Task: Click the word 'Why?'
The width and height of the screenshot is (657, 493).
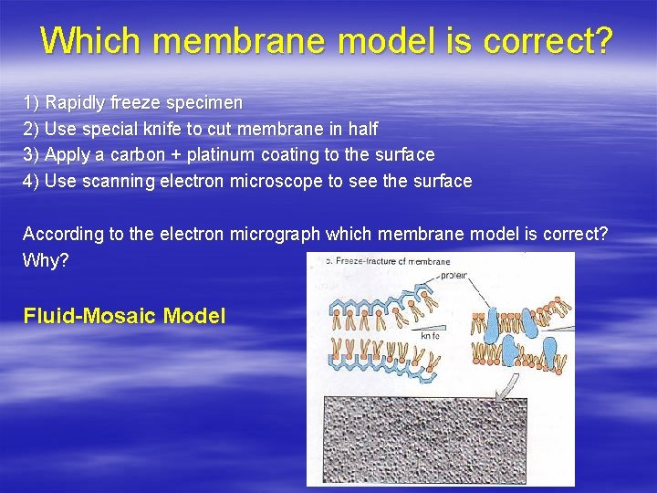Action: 45,260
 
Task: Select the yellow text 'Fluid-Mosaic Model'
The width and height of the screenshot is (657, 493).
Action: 124,317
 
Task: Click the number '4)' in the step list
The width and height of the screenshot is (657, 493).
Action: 31,181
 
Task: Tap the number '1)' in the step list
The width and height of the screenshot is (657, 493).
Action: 31,102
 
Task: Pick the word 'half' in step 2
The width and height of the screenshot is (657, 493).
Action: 361,129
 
